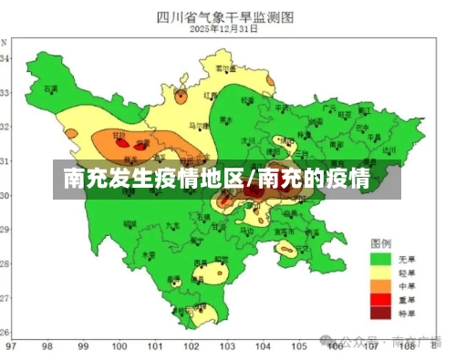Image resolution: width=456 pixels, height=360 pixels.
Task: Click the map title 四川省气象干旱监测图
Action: tap(224, 15)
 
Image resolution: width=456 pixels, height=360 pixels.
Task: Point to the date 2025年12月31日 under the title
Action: tap(224, 29)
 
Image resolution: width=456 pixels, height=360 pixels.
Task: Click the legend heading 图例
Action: tap(380, 244)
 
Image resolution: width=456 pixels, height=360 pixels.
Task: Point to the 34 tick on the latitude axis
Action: tap(5, 58)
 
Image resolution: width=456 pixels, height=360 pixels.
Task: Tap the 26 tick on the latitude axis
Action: tap(5, 332)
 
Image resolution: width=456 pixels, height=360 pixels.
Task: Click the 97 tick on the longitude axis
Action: tap(10, 346)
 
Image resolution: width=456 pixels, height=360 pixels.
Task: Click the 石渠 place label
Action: tap(51, 89)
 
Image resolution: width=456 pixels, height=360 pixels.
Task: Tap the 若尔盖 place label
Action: tap(220, 69)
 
